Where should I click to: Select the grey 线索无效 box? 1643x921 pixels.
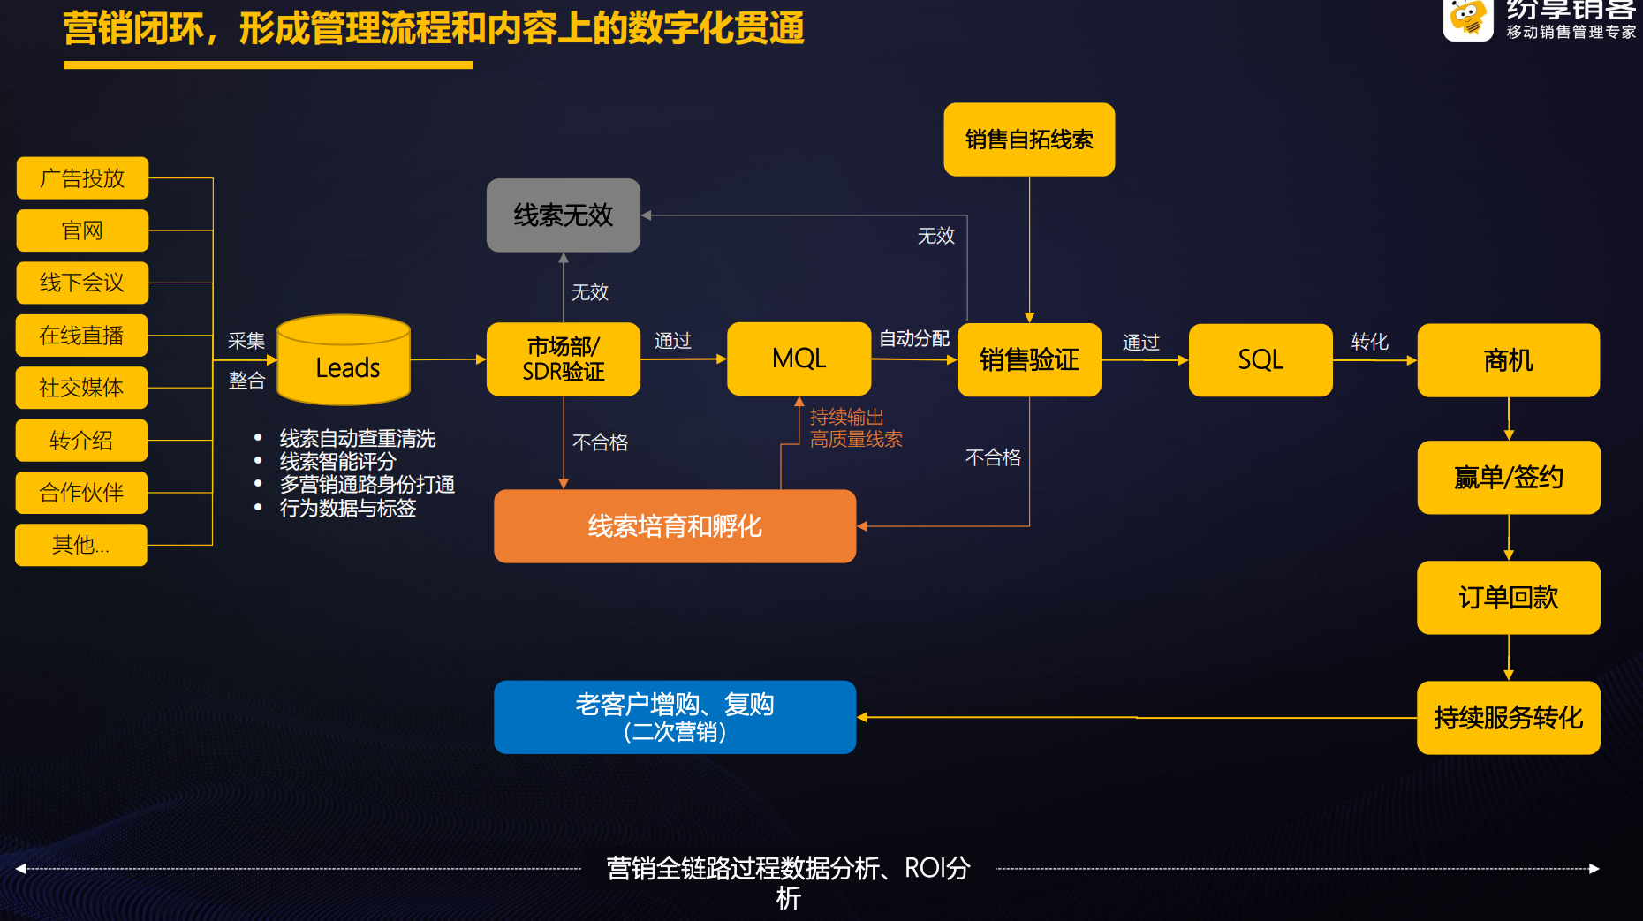click(x=564, y=215)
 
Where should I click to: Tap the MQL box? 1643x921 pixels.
click(x=799, y=359)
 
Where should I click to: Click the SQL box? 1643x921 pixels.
click(x=1260, y=360)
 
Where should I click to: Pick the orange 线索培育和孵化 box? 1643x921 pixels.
click(x=675, y=526)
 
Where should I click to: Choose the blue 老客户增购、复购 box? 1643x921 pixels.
click(x=675, y=717)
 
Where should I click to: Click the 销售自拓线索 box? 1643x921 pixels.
click(x=1029, y=140)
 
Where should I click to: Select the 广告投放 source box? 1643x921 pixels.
click(x=82, y=178)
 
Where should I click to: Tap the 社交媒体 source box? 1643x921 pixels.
click(x=81, y=388)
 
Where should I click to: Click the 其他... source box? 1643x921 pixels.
click(x=81, y=545)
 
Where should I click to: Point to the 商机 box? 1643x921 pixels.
click(x=1508, y=360)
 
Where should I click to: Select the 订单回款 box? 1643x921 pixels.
click(x=1508, y=598)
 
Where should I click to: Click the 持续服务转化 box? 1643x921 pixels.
click(x=1508, y=718)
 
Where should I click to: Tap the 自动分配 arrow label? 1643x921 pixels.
click(x=913, y=339)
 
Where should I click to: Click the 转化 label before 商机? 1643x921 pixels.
click(x=1369, y=342)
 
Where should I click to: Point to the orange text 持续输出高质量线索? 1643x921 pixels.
click(x=855, y=428)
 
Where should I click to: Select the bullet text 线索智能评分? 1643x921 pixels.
click(x=337, y=462)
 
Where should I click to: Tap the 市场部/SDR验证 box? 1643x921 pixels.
click(x=564, y=359)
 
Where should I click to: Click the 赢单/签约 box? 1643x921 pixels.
click(x=1508, y=478)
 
